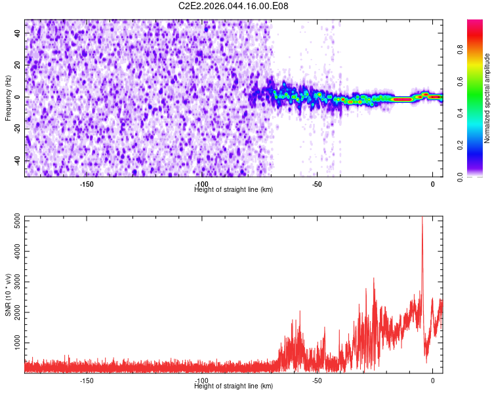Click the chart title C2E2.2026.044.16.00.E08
click(x=234, y=6)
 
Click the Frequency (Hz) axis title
click(x=8, y=98)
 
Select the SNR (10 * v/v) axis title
click(x=8, y=294)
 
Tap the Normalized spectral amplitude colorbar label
click(x=487, y=98)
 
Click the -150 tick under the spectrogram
click(x=87, y=184)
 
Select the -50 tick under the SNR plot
click(x=317, y=381)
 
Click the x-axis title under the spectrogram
click(x=234, y=190)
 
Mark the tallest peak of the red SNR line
click(x=422, y=218)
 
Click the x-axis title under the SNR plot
click(x=234, y=386)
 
